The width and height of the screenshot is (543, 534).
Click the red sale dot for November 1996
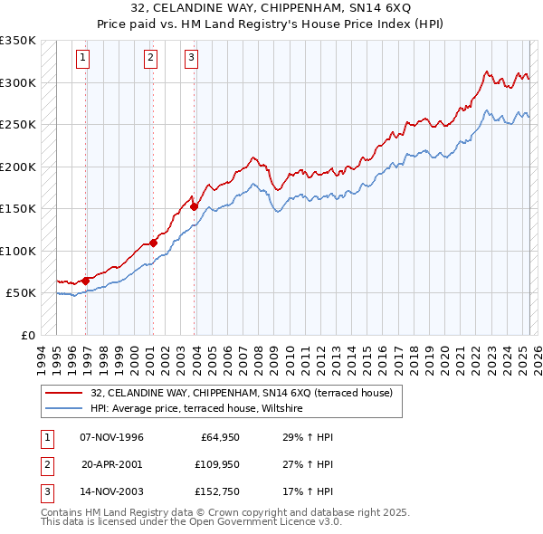tap(85, 281)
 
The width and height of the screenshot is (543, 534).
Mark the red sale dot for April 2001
tap(154, 243)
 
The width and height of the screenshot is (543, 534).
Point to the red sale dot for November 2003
tap(194, 206)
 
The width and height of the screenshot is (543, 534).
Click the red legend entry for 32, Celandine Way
tap(241, 393)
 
